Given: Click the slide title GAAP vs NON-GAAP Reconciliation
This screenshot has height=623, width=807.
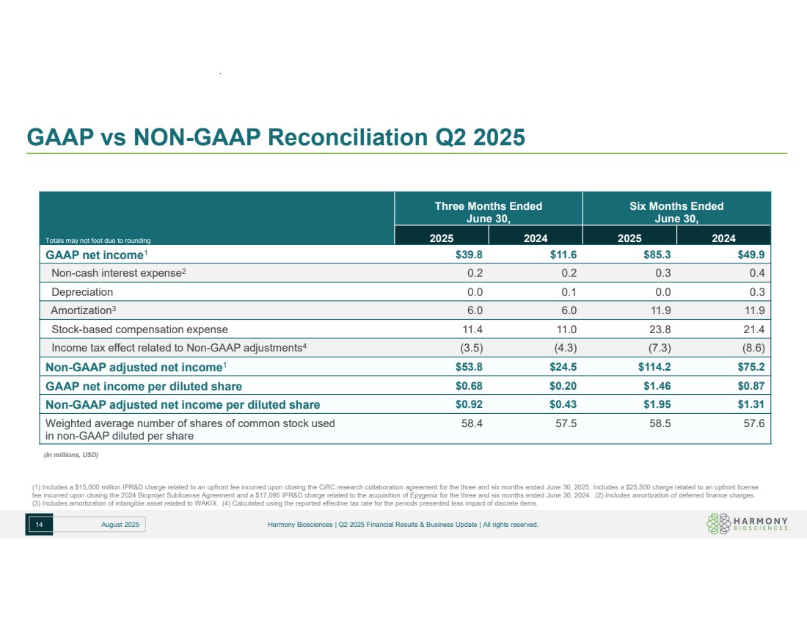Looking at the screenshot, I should (x=275, y=137).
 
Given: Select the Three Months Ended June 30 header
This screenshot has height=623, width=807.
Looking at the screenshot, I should (x=488, y=211).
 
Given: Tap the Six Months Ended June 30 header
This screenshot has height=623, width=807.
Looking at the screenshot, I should (x=676, y=211).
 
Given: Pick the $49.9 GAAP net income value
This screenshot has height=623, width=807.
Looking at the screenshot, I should (x=751, y=255).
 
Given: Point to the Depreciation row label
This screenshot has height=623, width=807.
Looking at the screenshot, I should (x=82, y=291).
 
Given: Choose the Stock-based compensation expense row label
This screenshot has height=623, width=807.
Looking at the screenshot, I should (x=139, y=329).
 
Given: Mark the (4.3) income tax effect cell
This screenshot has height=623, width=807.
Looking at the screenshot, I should (x=561, y=348).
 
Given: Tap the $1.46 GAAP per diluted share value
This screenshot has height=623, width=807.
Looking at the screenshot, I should (x=655, y=386).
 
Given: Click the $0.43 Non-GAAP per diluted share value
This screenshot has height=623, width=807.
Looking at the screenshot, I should (x=561, y=404).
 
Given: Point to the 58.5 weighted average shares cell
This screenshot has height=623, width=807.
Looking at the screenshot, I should (x=656, y=423).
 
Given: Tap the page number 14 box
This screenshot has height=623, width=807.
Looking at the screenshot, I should (x=38, y=524).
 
